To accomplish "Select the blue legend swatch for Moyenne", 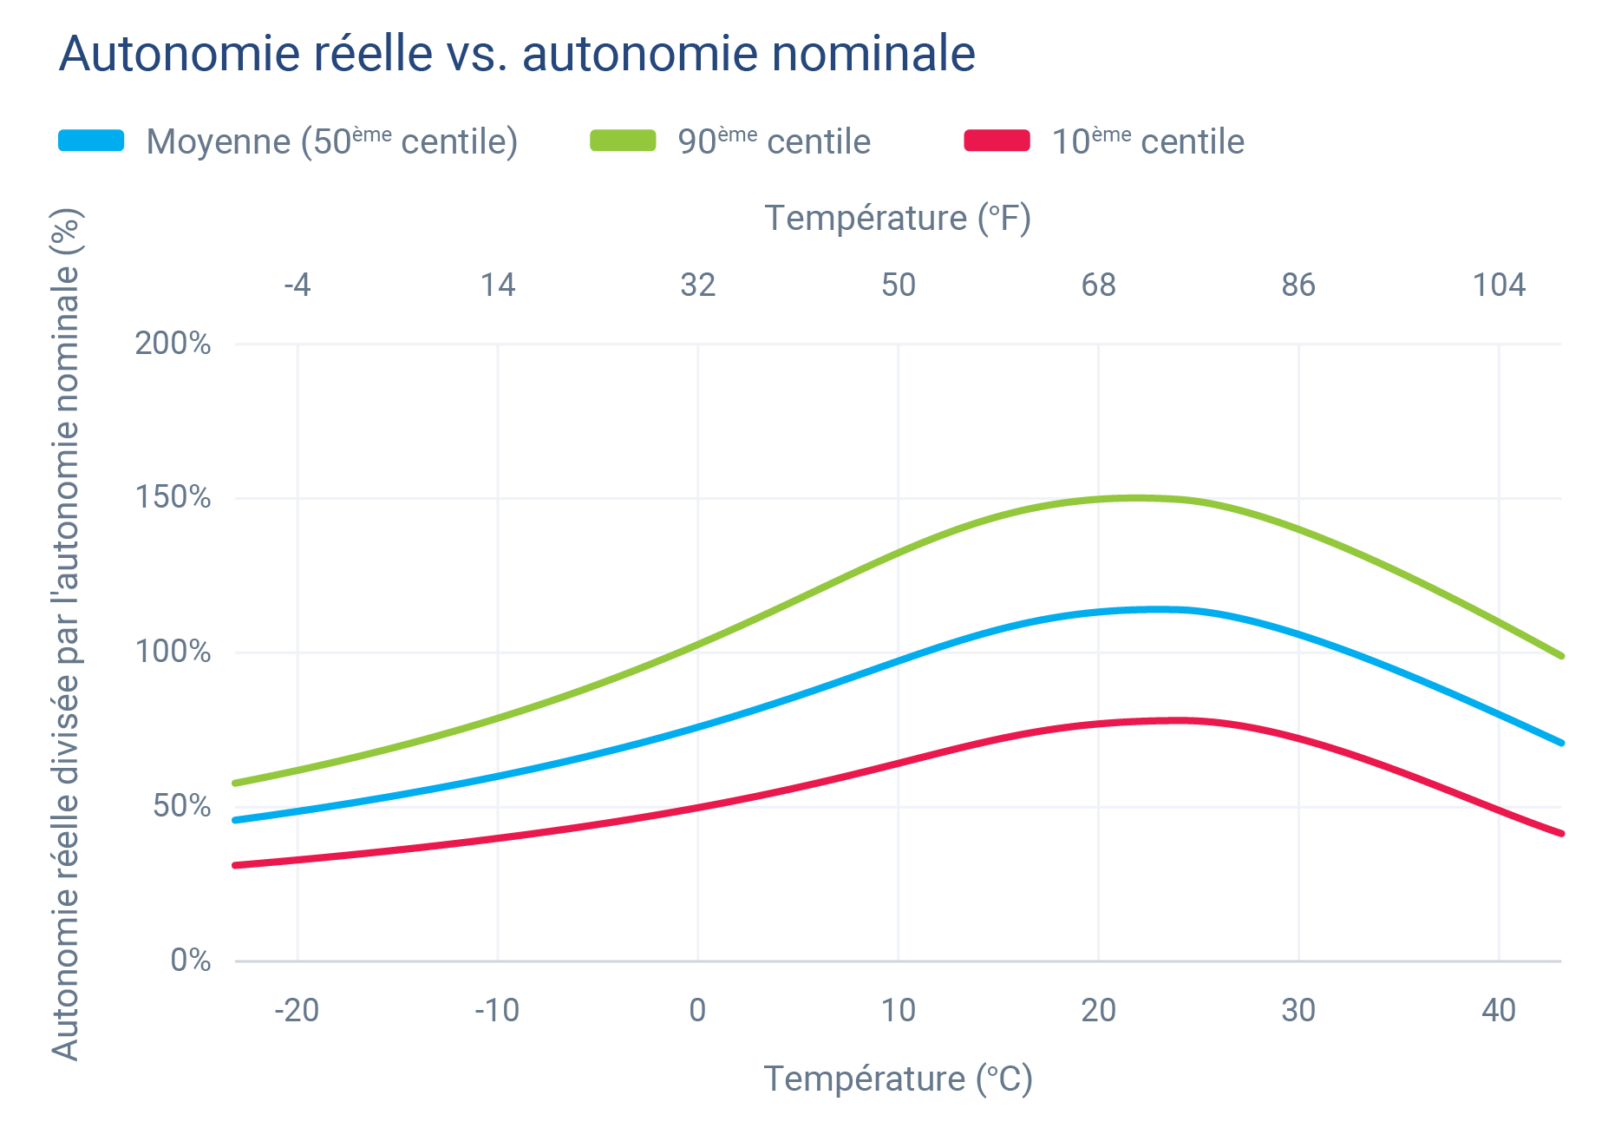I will click(91, 141).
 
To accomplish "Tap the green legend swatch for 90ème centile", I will click(623, 141).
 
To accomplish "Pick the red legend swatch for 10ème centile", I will click(997, 141).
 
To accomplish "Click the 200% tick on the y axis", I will click(173, 344).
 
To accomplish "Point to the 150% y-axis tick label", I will click(173, 497).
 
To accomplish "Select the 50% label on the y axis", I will click(181, 806).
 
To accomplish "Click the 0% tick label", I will click(190, 960).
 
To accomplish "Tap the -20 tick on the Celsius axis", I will click(297, 1010).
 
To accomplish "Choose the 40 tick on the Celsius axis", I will click(1498, 1010).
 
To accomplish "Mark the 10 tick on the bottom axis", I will click(898, 1010).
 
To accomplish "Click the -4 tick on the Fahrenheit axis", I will click(297, 285).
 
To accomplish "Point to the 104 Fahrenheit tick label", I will click(1498, 285).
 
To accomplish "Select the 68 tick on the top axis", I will click(1098, 285).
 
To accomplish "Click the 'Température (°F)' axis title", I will click(898, 218).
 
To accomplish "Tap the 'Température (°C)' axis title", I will click(898, 1079).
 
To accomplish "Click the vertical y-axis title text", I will click(66, 633).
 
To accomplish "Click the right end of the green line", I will click(1560, 655).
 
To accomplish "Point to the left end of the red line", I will click(237, 865).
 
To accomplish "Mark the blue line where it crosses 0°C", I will click(698, 727).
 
